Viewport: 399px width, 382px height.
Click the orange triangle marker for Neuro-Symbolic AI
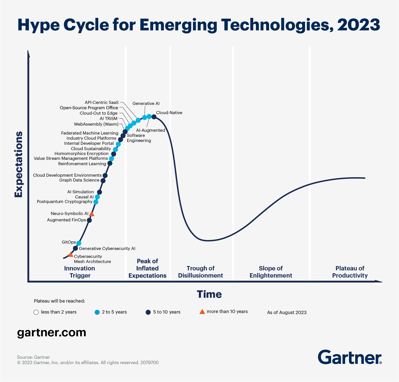(x=92, y=214)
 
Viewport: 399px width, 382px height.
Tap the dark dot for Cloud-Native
(x=154, y=117)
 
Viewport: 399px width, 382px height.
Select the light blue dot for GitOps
(x=79, y=243)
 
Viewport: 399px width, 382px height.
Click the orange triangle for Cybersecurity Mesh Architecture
(x=71, y=255)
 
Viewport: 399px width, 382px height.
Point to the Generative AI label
(x=146, y=103)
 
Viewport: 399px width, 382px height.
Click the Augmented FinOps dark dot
(x=89, y=220)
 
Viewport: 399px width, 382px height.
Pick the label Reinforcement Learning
(x=82, y=164)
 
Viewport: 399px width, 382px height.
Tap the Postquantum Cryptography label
(x=65, y=201)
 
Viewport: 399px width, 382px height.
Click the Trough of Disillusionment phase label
(x=200, y=272)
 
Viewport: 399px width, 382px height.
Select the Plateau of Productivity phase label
(x=350, y=272)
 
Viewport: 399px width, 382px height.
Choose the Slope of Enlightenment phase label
(x=271, y=272)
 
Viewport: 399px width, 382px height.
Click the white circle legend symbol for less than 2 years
(x=36, y=312)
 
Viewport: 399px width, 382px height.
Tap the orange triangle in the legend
(x=202, y=312)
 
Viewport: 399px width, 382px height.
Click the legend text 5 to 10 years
(x=167, y=312)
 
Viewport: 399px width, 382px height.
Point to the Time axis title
(x=209, y=294)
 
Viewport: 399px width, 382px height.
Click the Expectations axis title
(x=19, y=164)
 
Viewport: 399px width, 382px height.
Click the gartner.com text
(x=52, y=332)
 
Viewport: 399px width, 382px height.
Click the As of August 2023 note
(x=287, y=313)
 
